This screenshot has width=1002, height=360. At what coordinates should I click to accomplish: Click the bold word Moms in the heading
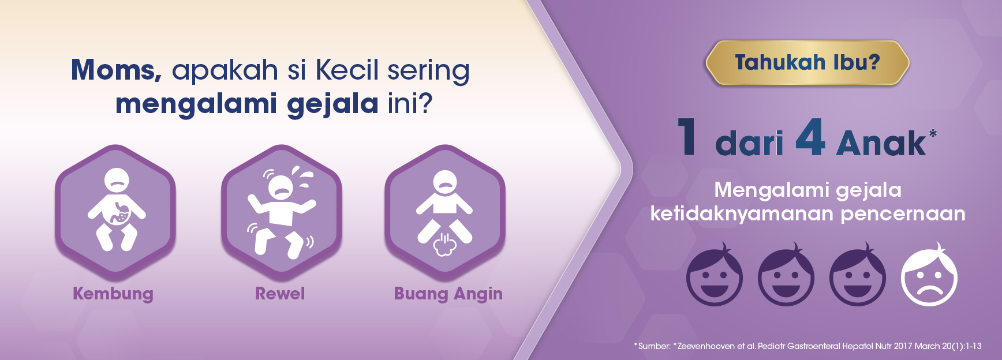click(x=116, y=70)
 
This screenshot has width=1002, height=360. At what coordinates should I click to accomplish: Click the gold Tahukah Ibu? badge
click(x=807, y=63)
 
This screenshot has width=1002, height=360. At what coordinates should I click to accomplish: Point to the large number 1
click(x=686, y=137)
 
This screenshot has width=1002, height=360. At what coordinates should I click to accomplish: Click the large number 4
click(x=810, y=137)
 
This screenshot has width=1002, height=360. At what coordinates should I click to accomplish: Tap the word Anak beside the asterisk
click(x=880, y=143)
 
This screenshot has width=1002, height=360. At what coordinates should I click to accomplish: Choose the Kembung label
click(x=113, y=294)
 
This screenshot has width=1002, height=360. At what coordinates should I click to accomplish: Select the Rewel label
click(x=280, y=294)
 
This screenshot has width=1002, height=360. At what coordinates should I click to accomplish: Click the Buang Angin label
click(x=448, y=294)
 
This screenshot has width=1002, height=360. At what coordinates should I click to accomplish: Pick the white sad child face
click(x=929, y=275)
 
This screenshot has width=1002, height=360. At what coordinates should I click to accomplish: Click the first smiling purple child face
click(x=715, y=275)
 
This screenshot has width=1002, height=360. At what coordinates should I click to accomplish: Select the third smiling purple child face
click(x=858, y=275)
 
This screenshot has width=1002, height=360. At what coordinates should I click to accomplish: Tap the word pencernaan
click(x=903, y=214)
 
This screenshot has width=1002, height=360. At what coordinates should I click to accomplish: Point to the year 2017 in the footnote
click(x=903, y=346)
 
